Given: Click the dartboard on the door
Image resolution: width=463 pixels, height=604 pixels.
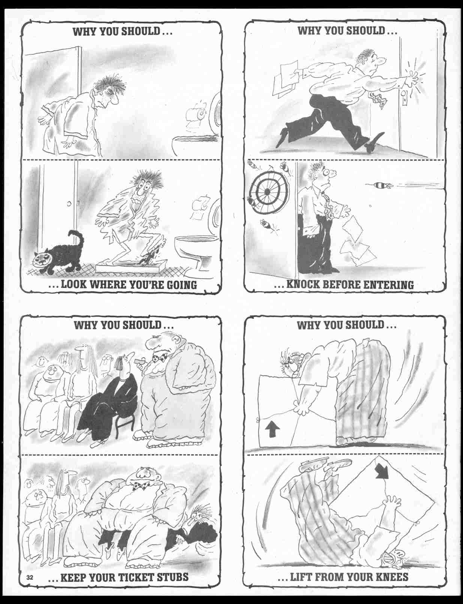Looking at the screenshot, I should coord(267,191).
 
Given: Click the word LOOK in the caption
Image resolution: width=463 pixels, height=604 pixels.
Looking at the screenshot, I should coord(74,284).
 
